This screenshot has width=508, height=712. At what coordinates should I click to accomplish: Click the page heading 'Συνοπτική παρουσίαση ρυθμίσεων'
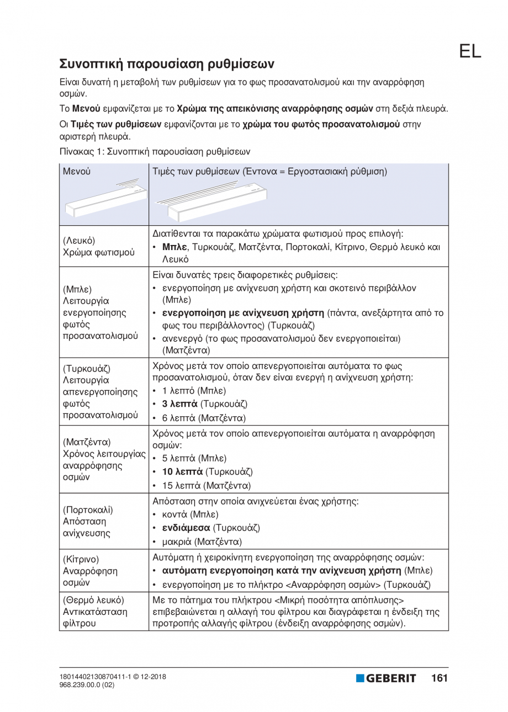(x=166, y=63)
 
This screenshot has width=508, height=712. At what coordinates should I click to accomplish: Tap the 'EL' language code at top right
(x=469, y=51)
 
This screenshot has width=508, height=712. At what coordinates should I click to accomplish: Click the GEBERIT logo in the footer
(x=386, y=678)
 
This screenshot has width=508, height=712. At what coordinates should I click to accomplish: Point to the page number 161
(x=440, y=678)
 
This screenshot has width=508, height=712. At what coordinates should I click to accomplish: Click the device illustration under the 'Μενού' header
(x=104, y=199)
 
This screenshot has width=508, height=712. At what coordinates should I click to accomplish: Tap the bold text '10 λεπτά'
(x=182, y=472)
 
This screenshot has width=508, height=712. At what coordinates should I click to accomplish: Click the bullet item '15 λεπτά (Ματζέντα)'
(x=206, y=486)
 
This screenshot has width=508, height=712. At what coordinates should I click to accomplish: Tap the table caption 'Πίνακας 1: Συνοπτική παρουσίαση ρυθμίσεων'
(x=155, y=151)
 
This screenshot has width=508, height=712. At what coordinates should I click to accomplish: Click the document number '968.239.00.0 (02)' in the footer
(x=87, y=685)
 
